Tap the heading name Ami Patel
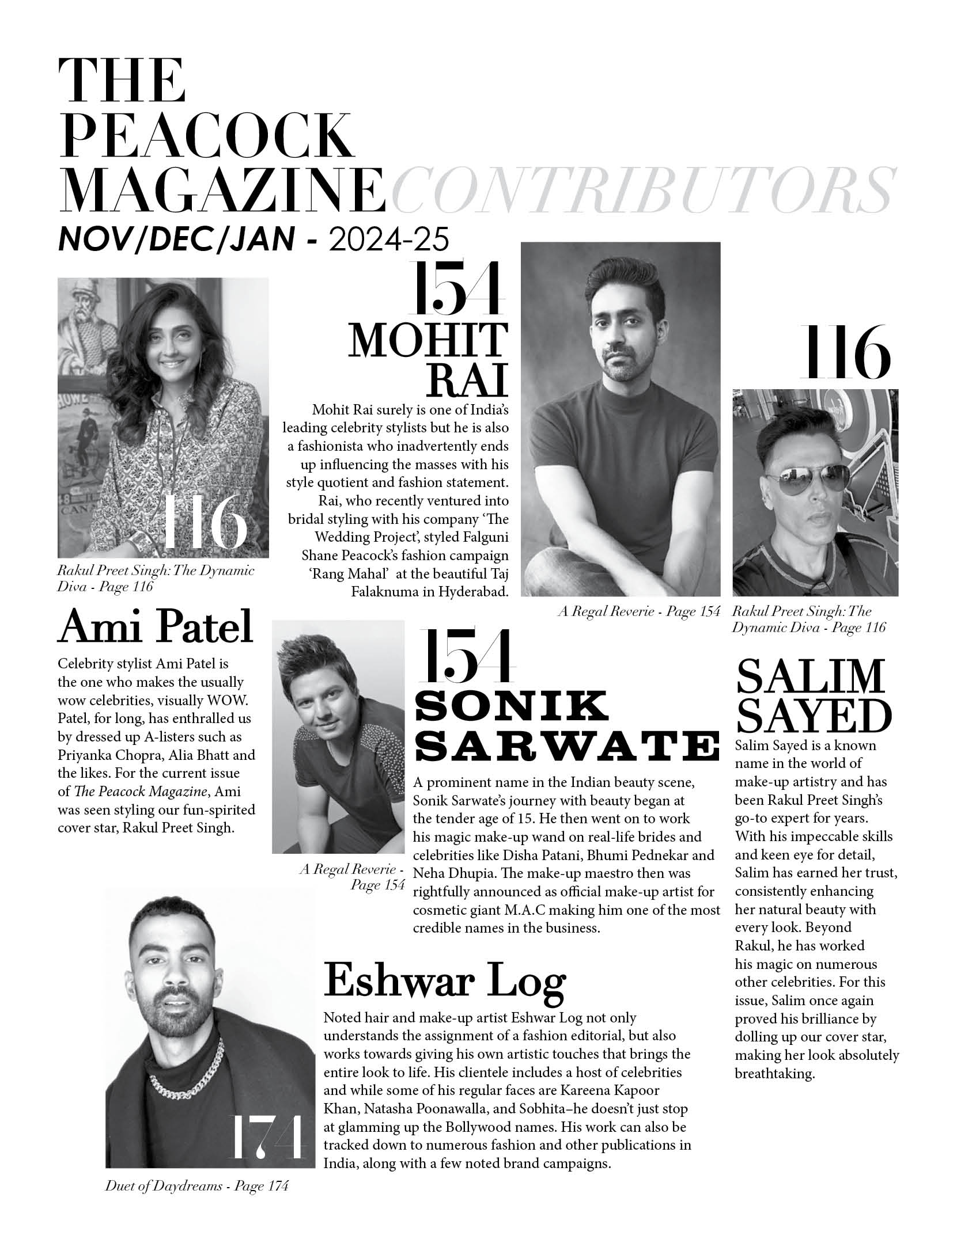pos(156,626)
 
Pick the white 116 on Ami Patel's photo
pos(204,522)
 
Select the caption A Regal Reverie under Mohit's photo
pos(639,611)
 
